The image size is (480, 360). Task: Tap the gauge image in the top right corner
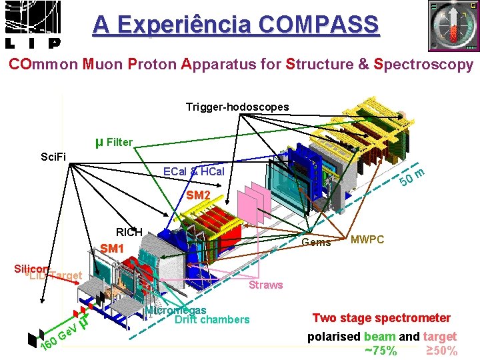[453, 26]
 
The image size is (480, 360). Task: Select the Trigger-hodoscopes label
[237, 107]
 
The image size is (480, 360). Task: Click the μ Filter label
[114, 142]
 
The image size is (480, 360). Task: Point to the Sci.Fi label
[53, 157]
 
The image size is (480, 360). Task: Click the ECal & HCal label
[194, 172]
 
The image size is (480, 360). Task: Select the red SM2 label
[198, 196]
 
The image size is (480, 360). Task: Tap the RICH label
[129, 232]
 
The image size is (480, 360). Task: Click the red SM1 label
[113, 249]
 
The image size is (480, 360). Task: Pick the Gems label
[317, 243]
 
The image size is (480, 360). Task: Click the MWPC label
[367, 239]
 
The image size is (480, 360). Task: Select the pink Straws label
[265, 285]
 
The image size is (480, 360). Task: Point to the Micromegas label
[175, 310]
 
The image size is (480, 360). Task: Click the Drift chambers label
[211, 320]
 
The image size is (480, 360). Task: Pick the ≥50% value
[441, 351]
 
